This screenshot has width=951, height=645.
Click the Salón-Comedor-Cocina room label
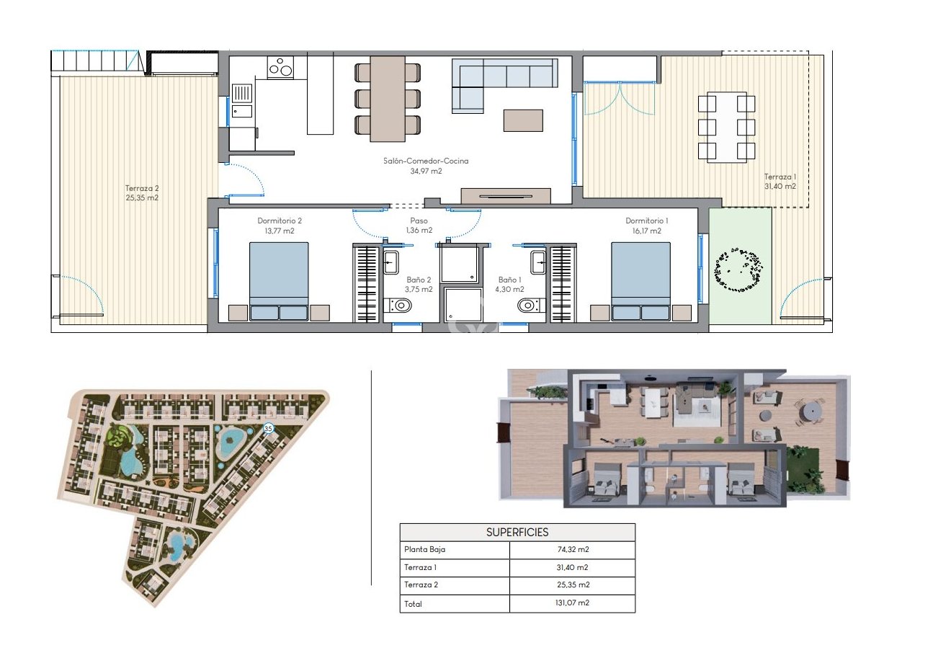tap(425, 161)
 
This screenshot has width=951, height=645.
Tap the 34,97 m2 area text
tap(425, 172)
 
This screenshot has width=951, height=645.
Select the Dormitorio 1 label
tap(646, 221)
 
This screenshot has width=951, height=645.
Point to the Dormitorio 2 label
tap(279, 221)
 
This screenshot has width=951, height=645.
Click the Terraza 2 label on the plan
tap(141, 187)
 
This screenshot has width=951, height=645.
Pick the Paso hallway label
tap(419, 221)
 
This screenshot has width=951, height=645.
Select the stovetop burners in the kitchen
tap(280, 68)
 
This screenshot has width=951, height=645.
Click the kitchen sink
tap(242, 93)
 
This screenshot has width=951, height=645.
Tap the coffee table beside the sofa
tap(523, 120)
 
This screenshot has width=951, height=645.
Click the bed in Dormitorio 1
tap(640, 281)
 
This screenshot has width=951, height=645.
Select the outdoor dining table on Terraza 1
tap(726, 127)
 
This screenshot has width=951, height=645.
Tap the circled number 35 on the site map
tap(269, 428)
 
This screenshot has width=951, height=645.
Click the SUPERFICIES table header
tap(517, 533)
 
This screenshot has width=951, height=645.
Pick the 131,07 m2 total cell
tap(572, 603)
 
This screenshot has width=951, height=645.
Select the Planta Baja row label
tap(424, 550)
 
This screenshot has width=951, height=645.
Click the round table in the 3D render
tap(811, 411)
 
